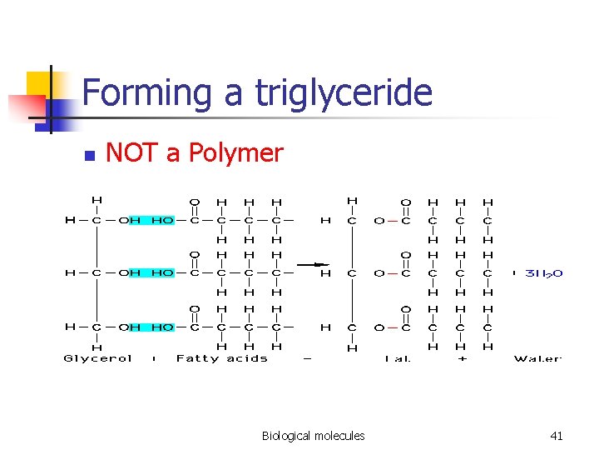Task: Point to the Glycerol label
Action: [98, 358]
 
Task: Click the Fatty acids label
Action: [222, 358]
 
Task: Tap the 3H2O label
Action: [544, 272]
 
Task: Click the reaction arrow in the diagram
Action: [313, 264]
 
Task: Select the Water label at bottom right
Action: [537, 358]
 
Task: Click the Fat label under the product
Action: [398, 358]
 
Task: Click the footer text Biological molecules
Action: [313, 435]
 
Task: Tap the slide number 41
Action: [557, 435]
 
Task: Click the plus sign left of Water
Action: [463, 358]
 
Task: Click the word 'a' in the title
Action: [234, 94]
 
